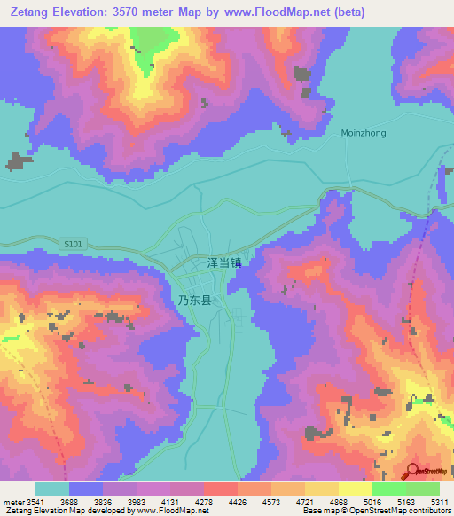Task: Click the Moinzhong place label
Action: coord(363,133)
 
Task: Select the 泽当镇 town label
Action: coord(223,262)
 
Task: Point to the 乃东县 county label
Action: coord(194,301)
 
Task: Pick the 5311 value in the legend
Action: coord(440,501)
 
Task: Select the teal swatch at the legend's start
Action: coord(52,489)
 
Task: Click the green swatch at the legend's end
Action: coord(422,489)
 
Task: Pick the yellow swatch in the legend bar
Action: coord(321,489)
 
